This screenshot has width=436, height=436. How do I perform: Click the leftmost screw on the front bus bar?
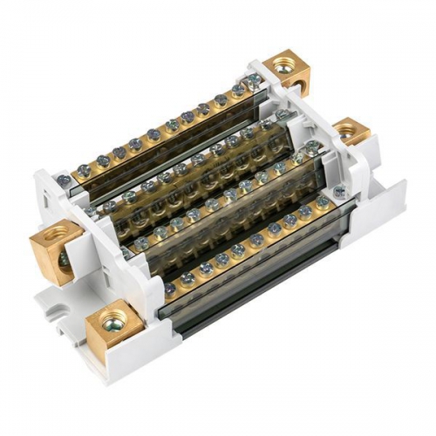tap(168, 289)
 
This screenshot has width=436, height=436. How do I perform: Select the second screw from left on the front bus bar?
tap(187, 279)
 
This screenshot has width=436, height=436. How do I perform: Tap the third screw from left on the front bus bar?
tap(204, 270)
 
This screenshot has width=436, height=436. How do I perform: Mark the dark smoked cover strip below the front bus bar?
tap(253, 279)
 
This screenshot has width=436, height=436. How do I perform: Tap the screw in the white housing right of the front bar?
tap(322, 201)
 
